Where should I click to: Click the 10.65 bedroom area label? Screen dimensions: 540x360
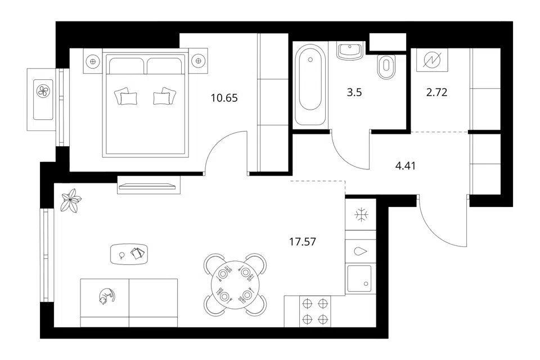(x=224, y=98)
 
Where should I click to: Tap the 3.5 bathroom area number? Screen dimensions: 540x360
(x=354, y=93)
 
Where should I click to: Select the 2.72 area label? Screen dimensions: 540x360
(x=436, y=92)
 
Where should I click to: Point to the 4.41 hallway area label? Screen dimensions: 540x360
(x=406, y=166)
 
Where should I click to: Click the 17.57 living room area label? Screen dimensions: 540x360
(x=303, y=242)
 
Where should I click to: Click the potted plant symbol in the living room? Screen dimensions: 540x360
(x=71, y=200)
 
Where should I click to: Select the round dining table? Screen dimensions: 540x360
(x=235, y=285)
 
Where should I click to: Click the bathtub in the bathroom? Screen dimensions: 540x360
(x=310, y=85)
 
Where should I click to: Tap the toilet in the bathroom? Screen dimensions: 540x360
(x=386, y=66)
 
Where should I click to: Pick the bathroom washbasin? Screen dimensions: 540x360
(x=349, y=51)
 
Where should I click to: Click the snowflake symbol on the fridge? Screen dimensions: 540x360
(x=361, y=215)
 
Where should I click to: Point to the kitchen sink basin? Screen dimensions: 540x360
(x=359, y=278)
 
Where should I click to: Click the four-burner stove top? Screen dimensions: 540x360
(x=315, y=312)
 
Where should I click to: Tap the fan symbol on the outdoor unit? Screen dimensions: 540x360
(x=43, y=91)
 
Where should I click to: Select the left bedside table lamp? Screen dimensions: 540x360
(x=92, y=61)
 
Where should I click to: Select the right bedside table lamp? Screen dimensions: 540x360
(x=198, y=61)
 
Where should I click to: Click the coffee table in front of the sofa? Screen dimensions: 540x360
(x=129, y=254)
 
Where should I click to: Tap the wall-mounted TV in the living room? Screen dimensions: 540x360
(x=147, y=187)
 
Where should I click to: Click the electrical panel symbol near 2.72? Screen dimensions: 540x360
(x=432, y=60)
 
